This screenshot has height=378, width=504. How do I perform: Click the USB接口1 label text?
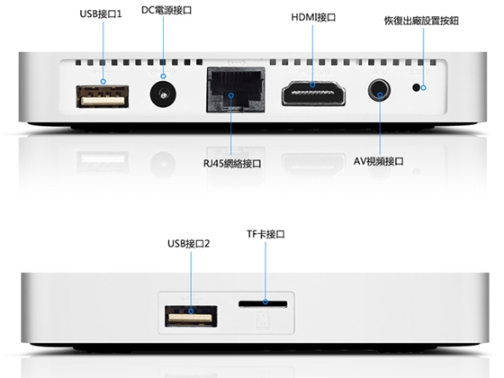coord(101,14)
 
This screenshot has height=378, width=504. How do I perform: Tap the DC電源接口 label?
coord(166,10)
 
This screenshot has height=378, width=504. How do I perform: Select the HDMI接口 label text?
coord(313,17)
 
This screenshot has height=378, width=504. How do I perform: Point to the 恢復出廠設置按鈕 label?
coord(421,21)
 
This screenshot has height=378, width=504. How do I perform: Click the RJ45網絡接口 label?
coord(232,164)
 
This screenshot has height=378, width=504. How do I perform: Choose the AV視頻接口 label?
coord(379,161)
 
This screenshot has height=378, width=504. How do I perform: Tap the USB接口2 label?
coord(189,244)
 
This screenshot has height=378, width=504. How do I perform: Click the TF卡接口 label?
coord(265,234)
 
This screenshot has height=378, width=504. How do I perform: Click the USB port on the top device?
coord(103,96)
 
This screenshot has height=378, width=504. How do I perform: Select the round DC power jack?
coord(163,94)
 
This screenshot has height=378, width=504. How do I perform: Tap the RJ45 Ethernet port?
coord(236,90)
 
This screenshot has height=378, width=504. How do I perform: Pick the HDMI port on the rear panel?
coord(313,94)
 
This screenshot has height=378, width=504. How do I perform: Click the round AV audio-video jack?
coord(380,90)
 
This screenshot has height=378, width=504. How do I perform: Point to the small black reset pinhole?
coord(416,87)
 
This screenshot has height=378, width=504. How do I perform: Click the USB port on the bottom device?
coord(191,316)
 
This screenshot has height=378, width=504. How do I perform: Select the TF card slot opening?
coord(263,304)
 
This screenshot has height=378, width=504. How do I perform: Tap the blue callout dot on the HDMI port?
coord(312,85)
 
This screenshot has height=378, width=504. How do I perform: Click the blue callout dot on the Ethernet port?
coord(231,95)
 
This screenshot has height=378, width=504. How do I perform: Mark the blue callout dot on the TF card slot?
coord(265,301)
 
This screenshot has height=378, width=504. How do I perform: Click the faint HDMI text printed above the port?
coord(314,71)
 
